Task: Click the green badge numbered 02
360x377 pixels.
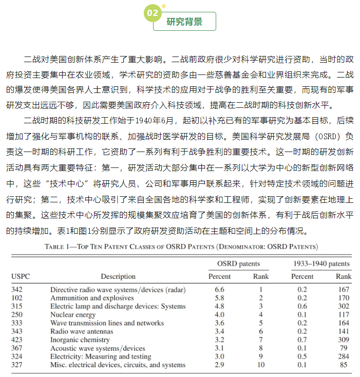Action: (153, 12)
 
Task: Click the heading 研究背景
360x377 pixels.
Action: (184, 22)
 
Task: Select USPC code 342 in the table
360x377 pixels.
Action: (17, 290)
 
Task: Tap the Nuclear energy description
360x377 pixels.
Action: (73, 314)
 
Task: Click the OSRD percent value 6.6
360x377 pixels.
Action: (219, 290)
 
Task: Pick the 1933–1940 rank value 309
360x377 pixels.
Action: (344, 340)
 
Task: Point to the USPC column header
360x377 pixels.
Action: (21, 276)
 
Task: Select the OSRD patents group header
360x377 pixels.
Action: (238, 264)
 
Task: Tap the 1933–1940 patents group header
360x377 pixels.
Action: (321, 264)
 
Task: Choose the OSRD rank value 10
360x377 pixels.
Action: (261, 365)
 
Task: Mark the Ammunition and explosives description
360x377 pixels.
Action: (92, 298)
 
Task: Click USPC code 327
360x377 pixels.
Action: (17, 365)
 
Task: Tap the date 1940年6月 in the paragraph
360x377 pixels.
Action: (148, 122)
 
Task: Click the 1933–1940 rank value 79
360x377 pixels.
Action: (344, 348)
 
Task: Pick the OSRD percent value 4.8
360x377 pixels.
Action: (219, 306)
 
